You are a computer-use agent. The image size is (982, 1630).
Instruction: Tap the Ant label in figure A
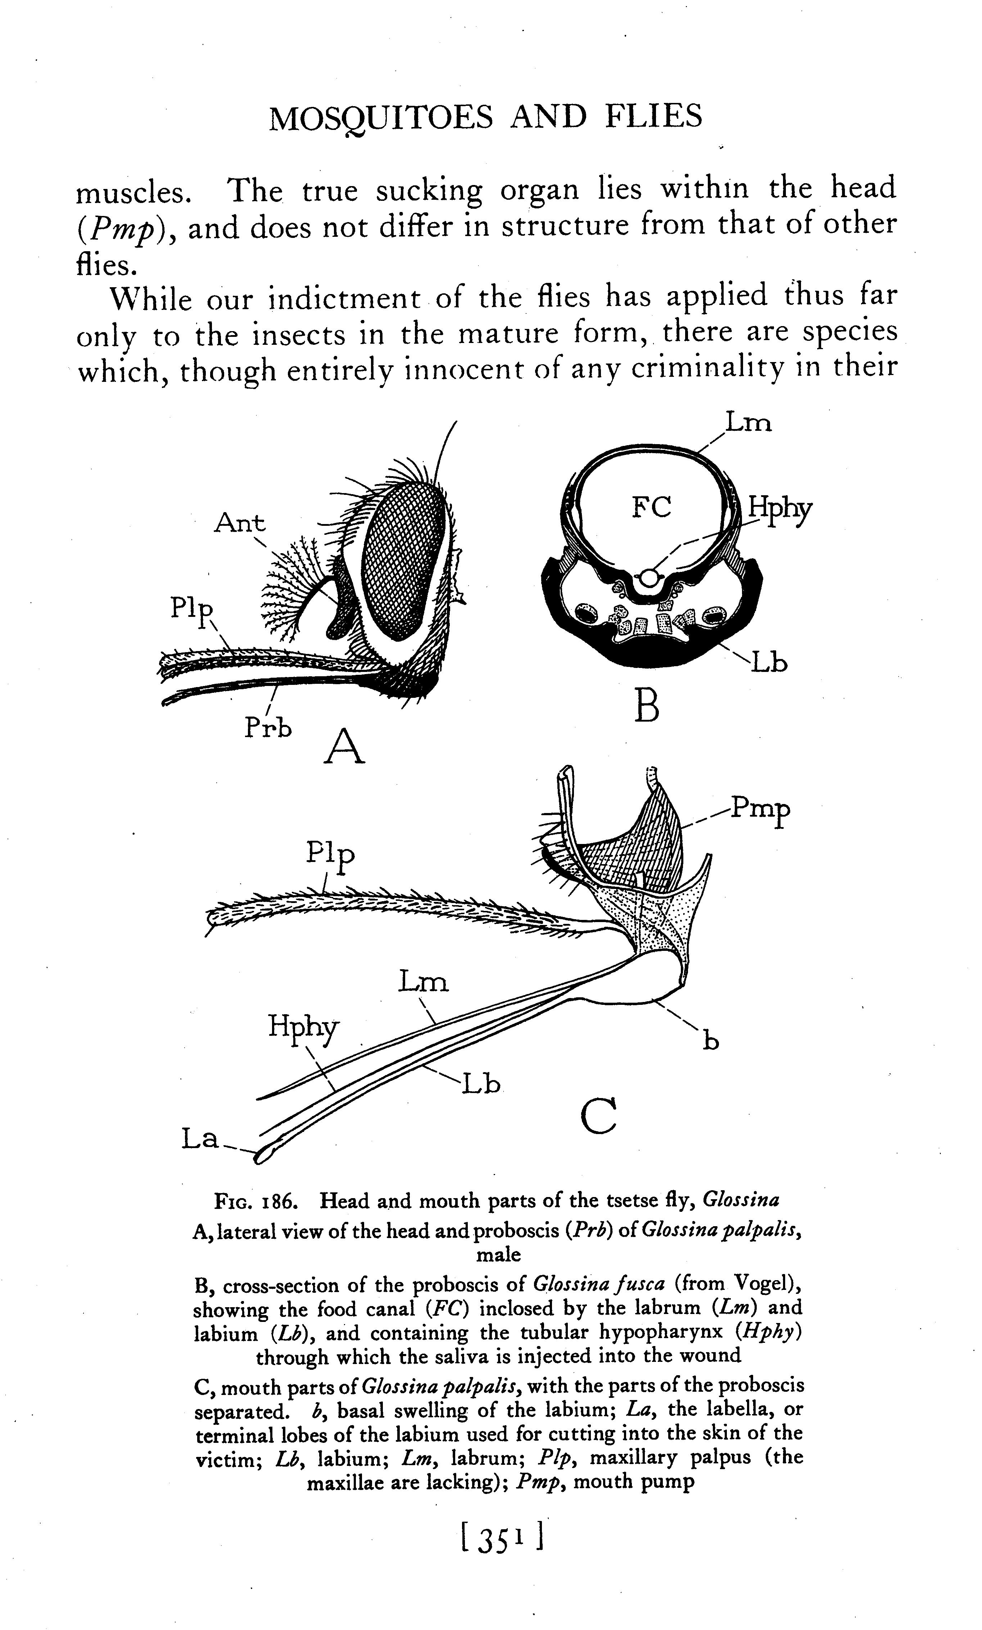point(239,523)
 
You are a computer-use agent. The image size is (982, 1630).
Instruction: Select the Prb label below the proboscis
point(268,728)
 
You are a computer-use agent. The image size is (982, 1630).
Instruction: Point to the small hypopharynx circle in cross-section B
point(650,578)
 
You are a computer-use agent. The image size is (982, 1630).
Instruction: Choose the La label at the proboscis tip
point(200,1138)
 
